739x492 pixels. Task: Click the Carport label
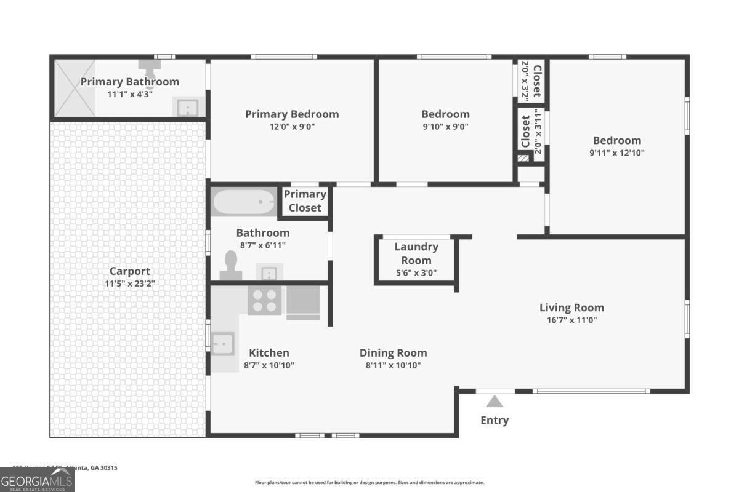pos(129,271)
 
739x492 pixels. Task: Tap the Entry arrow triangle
pos(495,402)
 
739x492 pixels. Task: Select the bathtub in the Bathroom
pos(244,202)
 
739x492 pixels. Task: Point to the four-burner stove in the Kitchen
pos(265,300)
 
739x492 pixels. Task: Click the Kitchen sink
pos(222,344)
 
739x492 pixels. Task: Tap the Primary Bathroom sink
pos(187,108)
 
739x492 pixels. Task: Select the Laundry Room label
pos(416,253)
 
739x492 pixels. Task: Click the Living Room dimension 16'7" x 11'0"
pos(571,320)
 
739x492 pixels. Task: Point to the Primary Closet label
pos(305,201)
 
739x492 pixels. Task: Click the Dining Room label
pos(393,353)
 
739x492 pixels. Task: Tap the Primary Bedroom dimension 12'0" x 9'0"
pos(292,127)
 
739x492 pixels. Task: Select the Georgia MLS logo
pos(37,480)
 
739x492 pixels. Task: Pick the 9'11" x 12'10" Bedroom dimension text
pos(616,153)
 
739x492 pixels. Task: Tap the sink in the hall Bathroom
pos(269,272)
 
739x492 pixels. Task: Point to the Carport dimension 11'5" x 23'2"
pos(129,284)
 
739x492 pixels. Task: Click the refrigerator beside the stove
pos(303,301)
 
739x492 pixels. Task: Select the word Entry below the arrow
pos(495,421)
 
